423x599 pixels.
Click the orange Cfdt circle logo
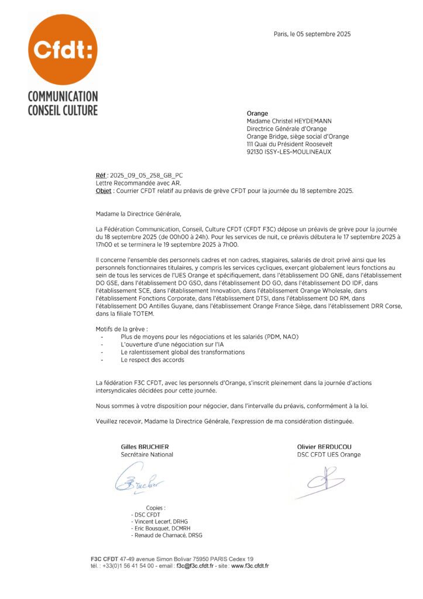[63, 49]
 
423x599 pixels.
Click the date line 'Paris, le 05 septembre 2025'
[312, 34]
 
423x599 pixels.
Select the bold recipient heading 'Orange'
[257, 113]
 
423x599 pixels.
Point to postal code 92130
[256, 152]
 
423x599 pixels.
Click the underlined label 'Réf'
[101, 175]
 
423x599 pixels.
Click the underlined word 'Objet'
[104, 191]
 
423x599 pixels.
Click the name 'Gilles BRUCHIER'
[145, 447]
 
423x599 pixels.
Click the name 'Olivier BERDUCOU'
[324, 447]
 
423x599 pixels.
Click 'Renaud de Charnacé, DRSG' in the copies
[167, 535]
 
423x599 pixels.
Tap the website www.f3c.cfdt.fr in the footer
[250, 566]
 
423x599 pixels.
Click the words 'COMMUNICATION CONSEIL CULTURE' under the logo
[63, 103]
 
